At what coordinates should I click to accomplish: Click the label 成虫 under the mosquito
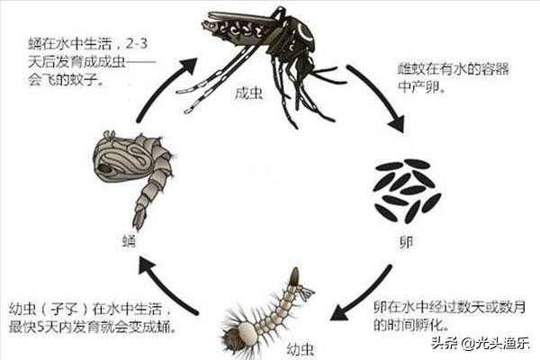[248, 94]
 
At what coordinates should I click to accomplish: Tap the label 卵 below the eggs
[406, 243]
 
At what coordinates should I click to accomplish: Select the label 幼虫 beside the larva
[301, 349]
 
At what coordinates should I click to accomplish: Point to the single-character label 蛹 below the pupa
[129, 241]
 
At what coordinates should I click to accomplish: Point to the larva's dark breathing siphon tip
[295, 275]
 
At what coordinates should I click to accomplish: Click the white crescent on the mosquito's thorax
[304, 31]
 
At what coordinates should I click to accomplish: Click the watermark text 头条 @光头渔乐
[480, 343]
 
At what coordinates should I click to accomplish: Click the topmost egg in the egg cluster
[418, 164]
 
